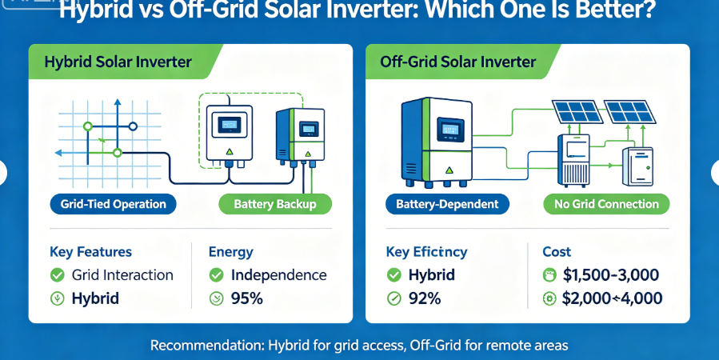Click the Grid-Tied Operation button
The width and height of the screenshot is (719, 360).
click(x=114, y=204)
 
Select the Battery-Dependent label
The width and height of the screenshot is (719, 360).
click(x=447, y=204)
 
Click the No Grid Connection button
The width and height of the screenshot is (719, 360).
click(x=606, y=204)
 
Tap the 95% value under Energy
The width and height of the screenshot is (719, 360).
click(x=246, y=299)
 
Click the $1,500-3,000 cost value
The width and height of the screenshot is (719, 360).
click(x=610, y=275)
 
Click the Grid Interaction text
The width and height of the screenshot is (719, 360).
click(x=122, y=275)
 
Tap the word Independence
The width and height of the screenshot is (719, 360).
click(x=278, y=275)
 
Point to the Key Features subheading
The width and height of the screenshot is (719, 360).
click(x=90, y=252)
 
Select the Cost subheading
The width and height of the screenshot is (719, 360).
click(x=557, y=252)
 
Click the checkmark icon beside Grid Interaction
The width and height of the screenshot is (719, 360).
click(x=58, y=275)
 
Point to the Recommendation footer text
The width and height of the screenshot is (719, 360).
click(x=359, y=346)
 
